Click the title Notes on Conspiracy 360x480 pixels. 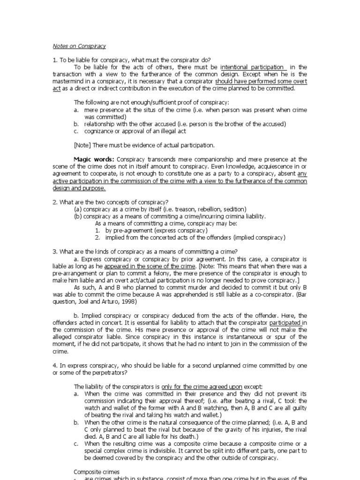pos(79,46)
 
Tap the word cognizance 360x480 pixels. pos(99,131)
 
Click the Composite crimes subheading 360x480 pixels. pos(97,472)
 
